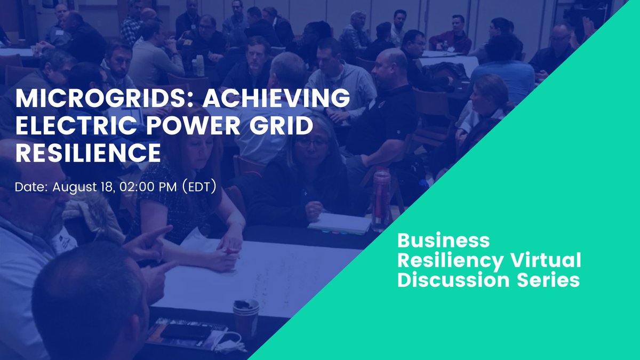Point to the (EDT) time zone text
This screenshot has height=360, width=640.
(198, 188)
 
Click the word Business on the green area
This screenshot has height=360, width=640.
(444, 241)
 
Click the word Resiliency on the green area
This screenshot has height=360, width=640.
(450, 261)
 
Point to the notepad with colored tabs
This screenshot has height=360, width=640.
(339, 223)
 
